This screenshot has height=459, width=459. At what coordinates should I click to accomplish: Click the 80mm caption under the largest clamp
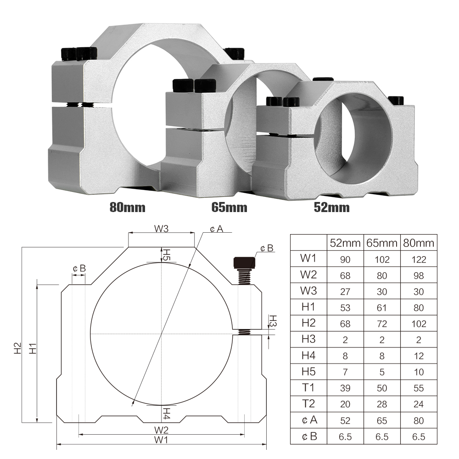coord(127,207)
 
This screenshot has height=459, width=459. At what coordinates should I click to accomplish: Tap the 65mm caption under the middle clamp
coord(229,207)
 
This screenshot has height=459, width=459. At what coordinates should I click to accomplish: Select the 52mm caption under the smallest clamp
coord(331,207)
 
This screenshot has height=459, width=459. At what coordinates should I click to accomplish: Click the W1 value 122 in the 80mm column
coord(418,260)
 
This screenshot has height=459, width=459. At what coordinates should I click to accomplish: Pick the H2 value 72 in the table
coord(381,324)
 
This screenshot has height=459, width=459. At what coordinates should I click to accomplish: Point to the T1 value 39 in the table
coord(345,388)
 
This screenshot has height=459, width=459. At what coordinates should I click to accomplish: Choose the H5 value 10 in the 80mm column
coord(418,372)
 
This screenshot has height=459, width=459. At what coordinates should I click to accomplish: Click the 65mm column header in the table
coord(381,242)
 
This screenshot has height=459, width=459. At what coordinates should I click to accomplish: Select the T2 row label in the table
coord(309,404)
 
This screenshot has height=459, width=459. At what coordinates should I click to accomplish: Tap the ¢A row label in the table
coord(309,420)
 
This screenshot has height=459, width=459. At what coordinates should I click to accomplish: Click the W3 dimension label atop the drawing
coord(162,229)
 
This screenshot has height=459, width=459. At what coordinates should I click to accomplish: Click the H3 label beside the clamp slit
coord(272,321)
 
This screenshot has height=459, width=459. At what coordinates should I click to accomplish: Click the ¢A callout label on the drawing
coord(216,229)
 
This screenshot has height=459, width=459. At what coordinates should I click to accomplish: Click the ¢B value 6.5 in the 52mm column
coord(345,437)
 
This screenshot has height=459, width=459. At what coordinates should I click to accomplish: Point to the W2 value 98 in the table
coord(418,276)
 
